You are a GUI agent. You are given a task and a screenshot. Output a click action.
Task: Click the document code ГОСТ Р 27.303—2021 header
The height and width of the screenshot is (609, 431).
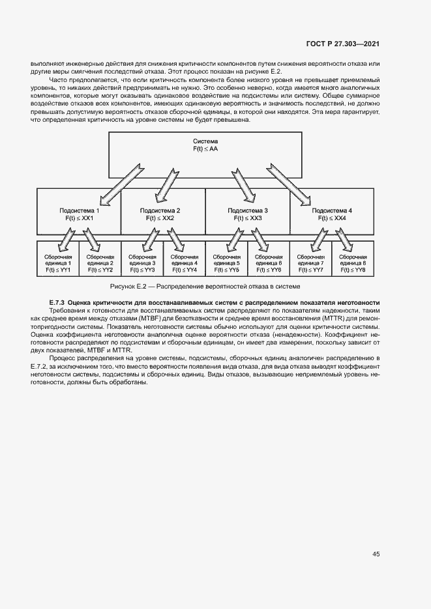tap(342, 44)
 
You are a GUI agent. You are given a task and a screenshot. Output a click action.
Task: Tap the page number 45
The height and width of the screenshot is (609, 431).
tap(376, 554)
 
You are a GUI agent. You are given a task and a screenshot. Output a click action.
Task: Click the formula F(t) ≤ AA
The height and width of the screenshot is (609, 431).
tap(205, 149)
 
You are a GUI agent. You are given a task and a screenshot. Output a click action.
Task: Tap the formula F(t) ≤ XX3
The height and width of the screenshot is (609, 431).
tap(247, 220)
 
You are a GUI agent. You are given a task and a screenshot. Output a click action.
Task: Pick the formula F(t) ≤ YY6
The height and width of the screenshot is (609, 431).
tap(269, 269)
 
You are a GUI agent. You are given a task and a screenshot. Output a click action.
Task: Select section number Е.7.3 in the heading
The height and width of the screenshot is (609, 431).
tap(58, 303)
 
